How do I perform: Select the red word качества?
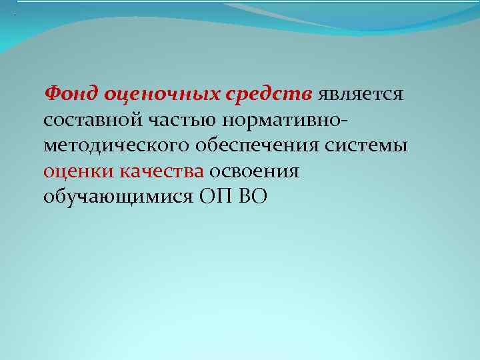161,171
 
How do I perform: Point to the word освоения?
255,171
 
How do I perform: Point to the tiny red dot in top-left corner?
14,15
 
